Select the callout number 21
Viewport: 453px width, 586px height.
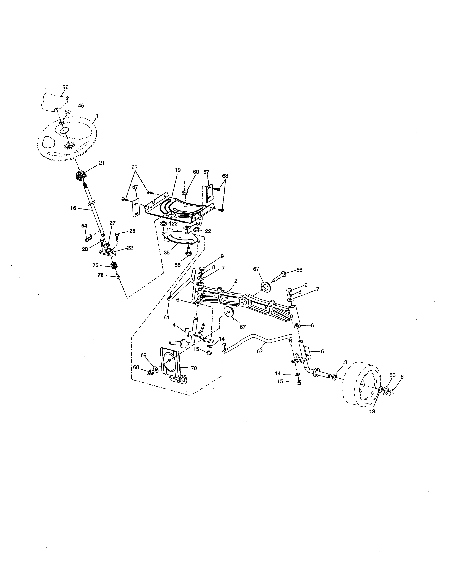tap(102, 163)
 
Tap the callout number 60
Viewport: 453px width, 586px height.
tap(196, 172)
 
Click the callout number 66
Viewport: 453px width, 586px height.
tap(299, 270)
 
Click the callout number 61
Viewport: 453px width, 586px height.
tap(166, 318)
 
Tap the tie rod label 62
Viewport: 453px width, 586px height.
tap(260, 351)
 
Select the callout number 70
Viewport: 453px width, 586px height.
tap(194, 368)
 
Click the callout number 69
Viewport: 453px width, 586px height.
tap(144, 355)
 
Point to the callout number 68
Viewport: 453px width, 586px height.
tap(136, 367)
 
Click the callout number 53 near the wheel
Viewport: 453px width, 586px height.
tap(393, 375)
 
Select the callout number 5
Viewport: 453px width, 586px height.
tap(322, 351)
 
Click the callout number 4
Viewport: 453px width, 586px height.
tap(174, 325)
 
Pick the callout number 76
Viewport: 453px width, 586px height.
tap(100, 275)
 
